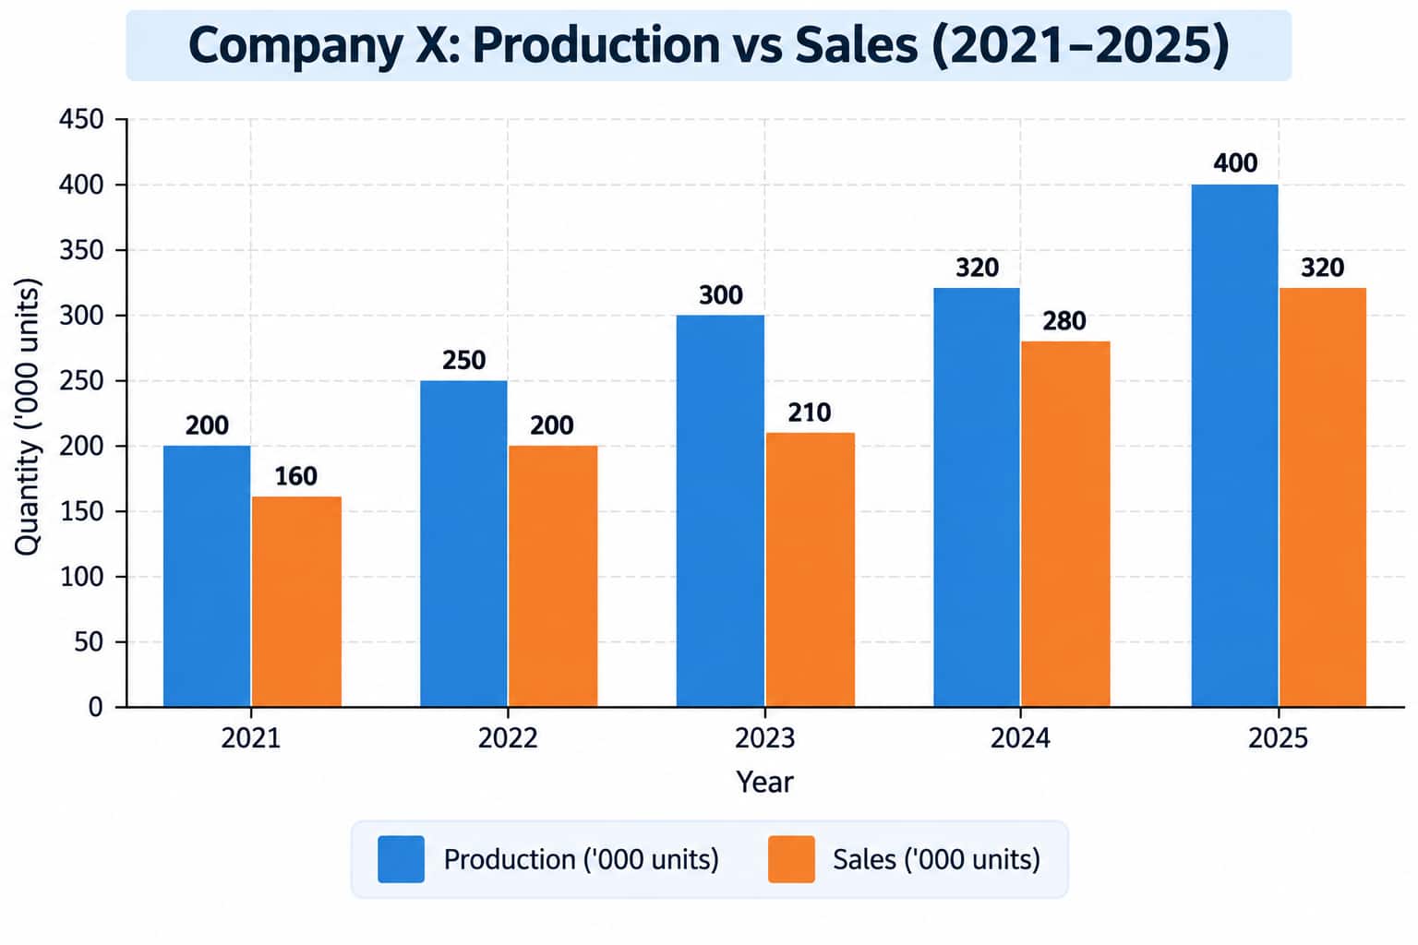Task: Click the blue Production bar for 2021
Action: point(207,576)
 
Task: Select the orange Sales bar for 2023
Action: point(811,569)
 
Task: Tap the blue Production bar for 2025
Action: point(1234,446)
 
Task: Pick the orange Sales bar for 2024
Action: point(1065,524)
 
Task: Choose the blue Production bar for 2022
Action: point(463,544)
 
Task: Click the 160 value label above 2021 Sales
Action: point(295,476)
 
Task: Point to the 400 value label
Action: point(1235,163)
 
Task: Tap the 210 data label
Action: point(809,413)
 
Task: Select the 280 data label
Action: point(1064,321)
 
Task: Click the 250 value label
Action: point(464,360)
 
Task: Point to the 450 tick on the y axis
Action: point(81,119)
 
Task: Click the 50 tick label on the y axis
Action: point(89,641)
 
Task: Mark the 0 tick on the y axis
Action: point(96,707)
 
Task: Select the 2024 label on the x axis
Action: point(1020,738)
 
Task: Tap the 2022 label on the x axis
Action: point(508,738)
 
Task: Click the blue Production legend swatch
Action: point(401,859)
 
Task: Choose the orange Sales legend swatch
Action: point(791,859)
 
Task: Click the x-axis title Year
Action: point(764,783)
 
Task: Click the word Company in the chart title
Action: point(295,45)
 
